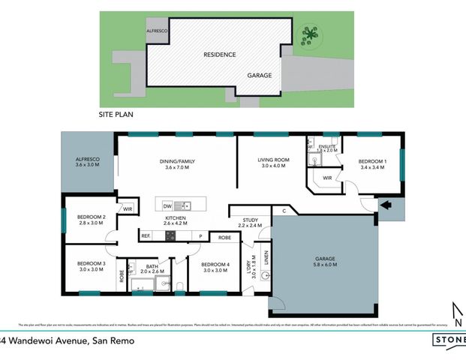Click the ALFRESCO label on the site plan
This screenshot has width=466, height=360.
tap(158, 28)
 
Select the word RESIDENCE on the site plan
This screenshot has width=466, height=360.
tap(220, 55)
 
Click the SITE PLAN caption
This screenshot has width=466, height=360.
tap(119, 116)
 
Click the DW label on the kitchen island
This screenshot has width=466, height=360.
tap(167, 205)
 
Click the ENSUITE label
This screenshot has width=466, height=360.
tap(327, 146)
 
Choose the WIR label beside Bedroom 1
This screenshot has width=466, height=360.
tap(327, 178)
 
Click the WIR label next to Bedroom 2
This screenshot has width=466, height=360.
tap(128, 209)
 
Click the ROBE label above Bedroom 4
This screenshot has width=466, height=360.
tap(224, 236)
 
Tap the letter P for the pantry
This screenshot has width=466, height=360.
tap(200, 236)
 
